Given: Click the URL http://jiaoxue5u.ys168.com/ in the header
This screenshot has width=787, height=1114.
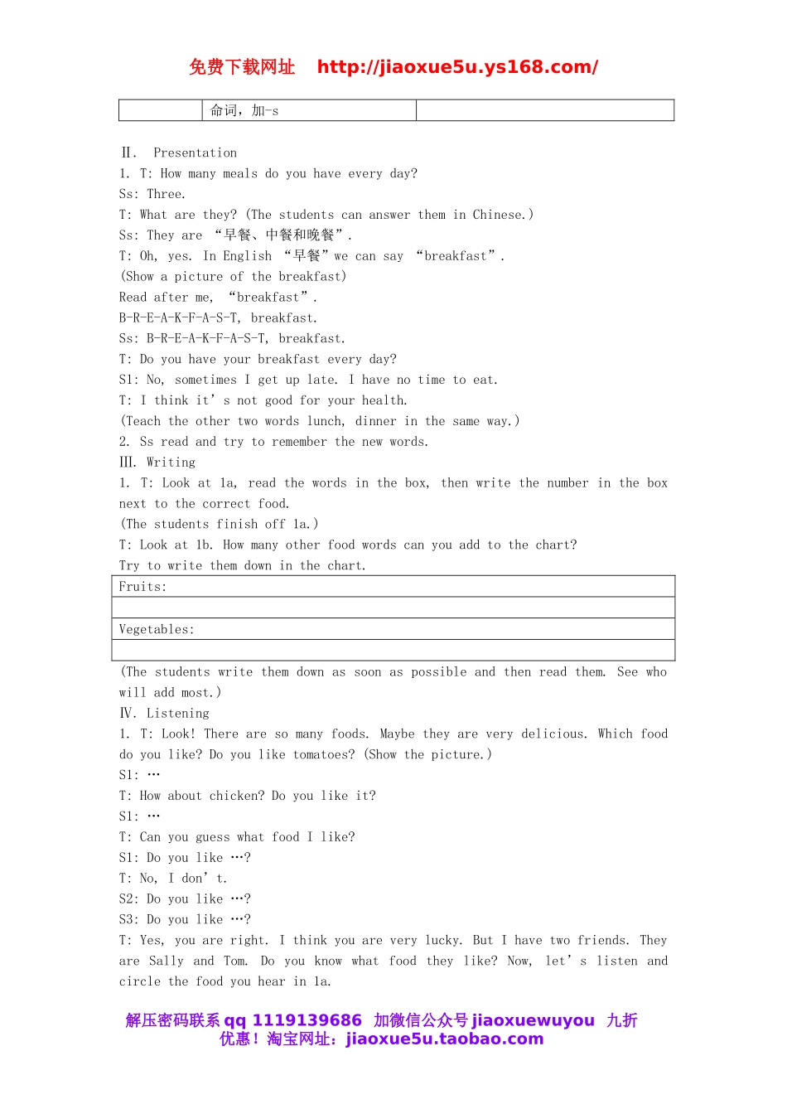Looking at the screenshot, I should click(457, 67).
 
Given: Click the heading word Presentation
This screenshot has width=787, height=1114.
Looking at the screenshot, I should click(195, 153).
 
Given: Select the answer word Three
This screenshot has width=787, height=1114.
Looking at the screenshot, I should click(166, 194).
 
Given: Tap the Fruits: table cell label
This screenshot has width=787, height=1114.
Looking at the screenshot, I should click(142, 587).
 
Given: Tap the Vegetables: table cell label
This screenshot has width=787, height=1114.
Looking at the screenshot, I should click(157, 629).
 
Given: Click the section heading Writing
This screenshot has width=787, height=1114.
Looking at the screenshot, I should click(171, 463).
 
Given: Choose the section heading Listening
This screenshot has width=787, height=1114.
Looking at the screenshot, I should click(177, 713).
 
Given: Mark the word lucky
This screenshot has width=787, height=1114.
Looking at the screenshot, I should click(444, 940).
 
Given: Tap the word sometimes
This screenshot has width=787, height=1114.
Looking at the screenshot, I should click(205, 380).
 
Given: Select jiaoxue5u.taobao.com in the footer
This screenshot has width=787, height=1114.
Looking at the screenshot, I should click(444, 1039).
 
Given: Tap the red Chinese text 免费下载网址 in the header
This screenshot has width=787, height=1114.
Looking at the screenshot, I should click(242, 67).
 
